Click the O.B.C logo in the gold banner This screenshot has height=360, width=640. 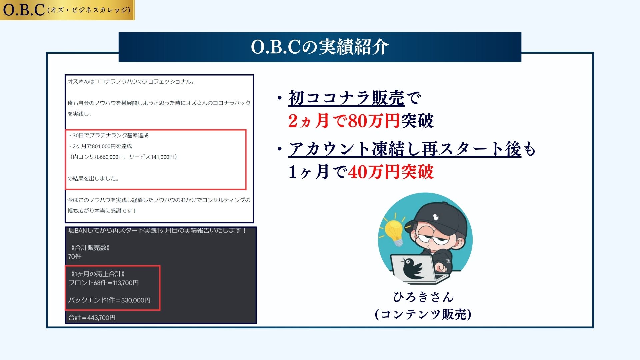[x=24, y=10]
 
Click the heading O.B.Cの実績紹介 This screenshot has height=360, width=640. [x=320, y=47]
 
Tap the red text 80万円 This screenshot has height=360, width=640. [x=374, y=120]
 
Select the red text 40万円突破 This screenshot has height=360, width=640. [x=391, y=172]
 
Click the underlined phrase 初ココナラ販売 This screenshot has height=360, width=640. [x=346, y=98]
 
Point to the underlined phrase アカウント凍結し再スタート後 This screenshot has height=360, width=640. [x=405, y=149]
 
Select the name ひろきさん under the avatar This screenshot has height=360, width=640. [x=423, y=297]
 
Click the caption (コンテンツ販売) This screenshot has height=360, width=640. [x=423, y=314]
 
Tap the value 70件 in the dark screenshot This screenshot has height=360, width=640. [x=75, y=256]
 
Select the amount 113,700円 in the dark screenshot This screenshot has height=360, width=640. [x=126, y=283]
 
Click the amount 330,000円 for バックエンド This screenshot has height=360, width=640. [x=136, y=300]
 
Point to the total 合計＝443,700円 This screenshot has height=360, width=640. [x=92, y=317]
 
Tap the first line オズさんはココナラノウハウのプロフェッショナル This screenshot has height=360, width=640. [x=131, y=81]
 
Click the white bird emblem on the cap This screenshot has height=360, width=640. [x=435, y=217]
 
